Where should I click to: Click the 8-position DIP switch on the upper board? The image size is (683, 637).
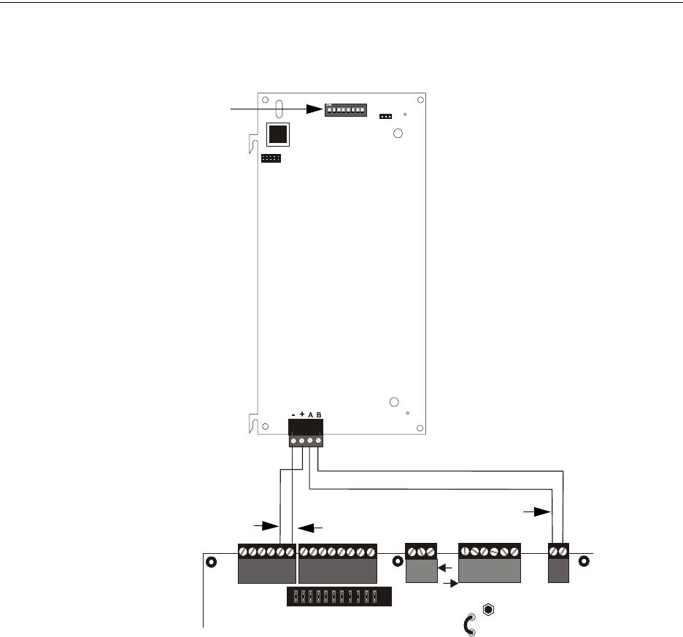tap(346, 110)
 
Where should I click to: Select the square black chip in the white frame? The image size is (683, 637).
tap(277, 134)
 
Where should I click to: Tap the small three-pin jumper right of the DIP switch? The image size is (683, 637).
tap(386, 116)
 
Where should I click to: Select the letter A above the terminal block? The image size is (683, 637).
tap(310, 414)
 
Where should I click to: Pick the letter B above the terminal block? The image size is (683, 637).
tap(319, 414)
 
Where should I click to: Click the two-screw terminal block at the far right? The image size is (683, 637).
tap(558, 563)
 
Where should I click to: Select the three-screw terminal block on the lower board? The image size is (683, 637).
tap(421, 563)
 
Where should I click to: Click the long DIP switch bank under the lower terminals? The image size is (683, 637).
tap(339, 598)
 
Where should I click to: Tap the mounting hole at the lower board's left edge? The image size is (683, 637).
tap(212, 563)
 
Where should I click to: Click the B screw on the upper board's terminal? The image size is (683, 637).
tap(319, 441)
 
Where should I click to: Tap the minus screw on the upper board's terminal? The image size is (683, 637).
tap(293, 441)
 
